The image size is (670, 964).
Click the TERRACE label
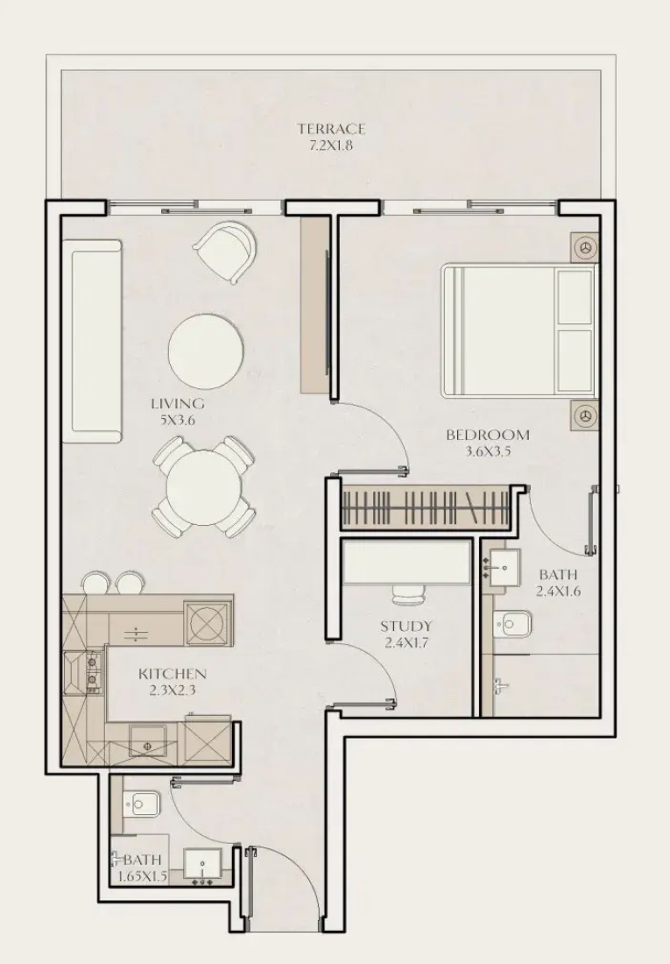pyautogui.click(x=331, y=129)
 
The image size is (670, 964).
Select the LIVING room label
pyautogui.click(x=178, y=404)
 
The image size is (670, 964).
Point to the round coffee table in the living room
pyautogui.click(x=206, y=349)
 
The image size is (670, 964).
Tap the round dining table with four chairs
pyautogui.click(x=202, y=487)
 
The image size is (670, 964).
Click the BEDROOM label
pyautogui.click(x=488, y=436)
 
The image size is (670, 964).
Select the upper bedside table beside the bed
pyautogui.click(x=584, y=248)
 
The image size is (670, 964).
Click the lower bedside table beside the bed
pyautogui.click(x=584, y=415)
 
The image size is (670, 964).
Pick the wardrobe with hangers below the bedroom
pyautogui.click(x=427, y=507)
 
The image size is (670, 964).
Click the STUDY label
pyautogui.click(x=406, y=627)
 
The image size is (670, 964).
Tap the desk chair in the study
pyautogui.click(x=409, y=594)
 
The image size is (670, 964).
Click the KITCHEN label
pyautogui.click(x=173, y=674)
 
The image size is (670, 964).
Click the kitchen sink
pyautogui.click(x=147, y=741)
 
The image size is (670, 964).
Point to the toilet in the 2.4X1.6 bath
pyautogui.click(x=511, y=624)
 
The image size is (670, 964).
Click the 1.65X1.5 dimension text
pyautogui.click(x=139, y=876)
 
